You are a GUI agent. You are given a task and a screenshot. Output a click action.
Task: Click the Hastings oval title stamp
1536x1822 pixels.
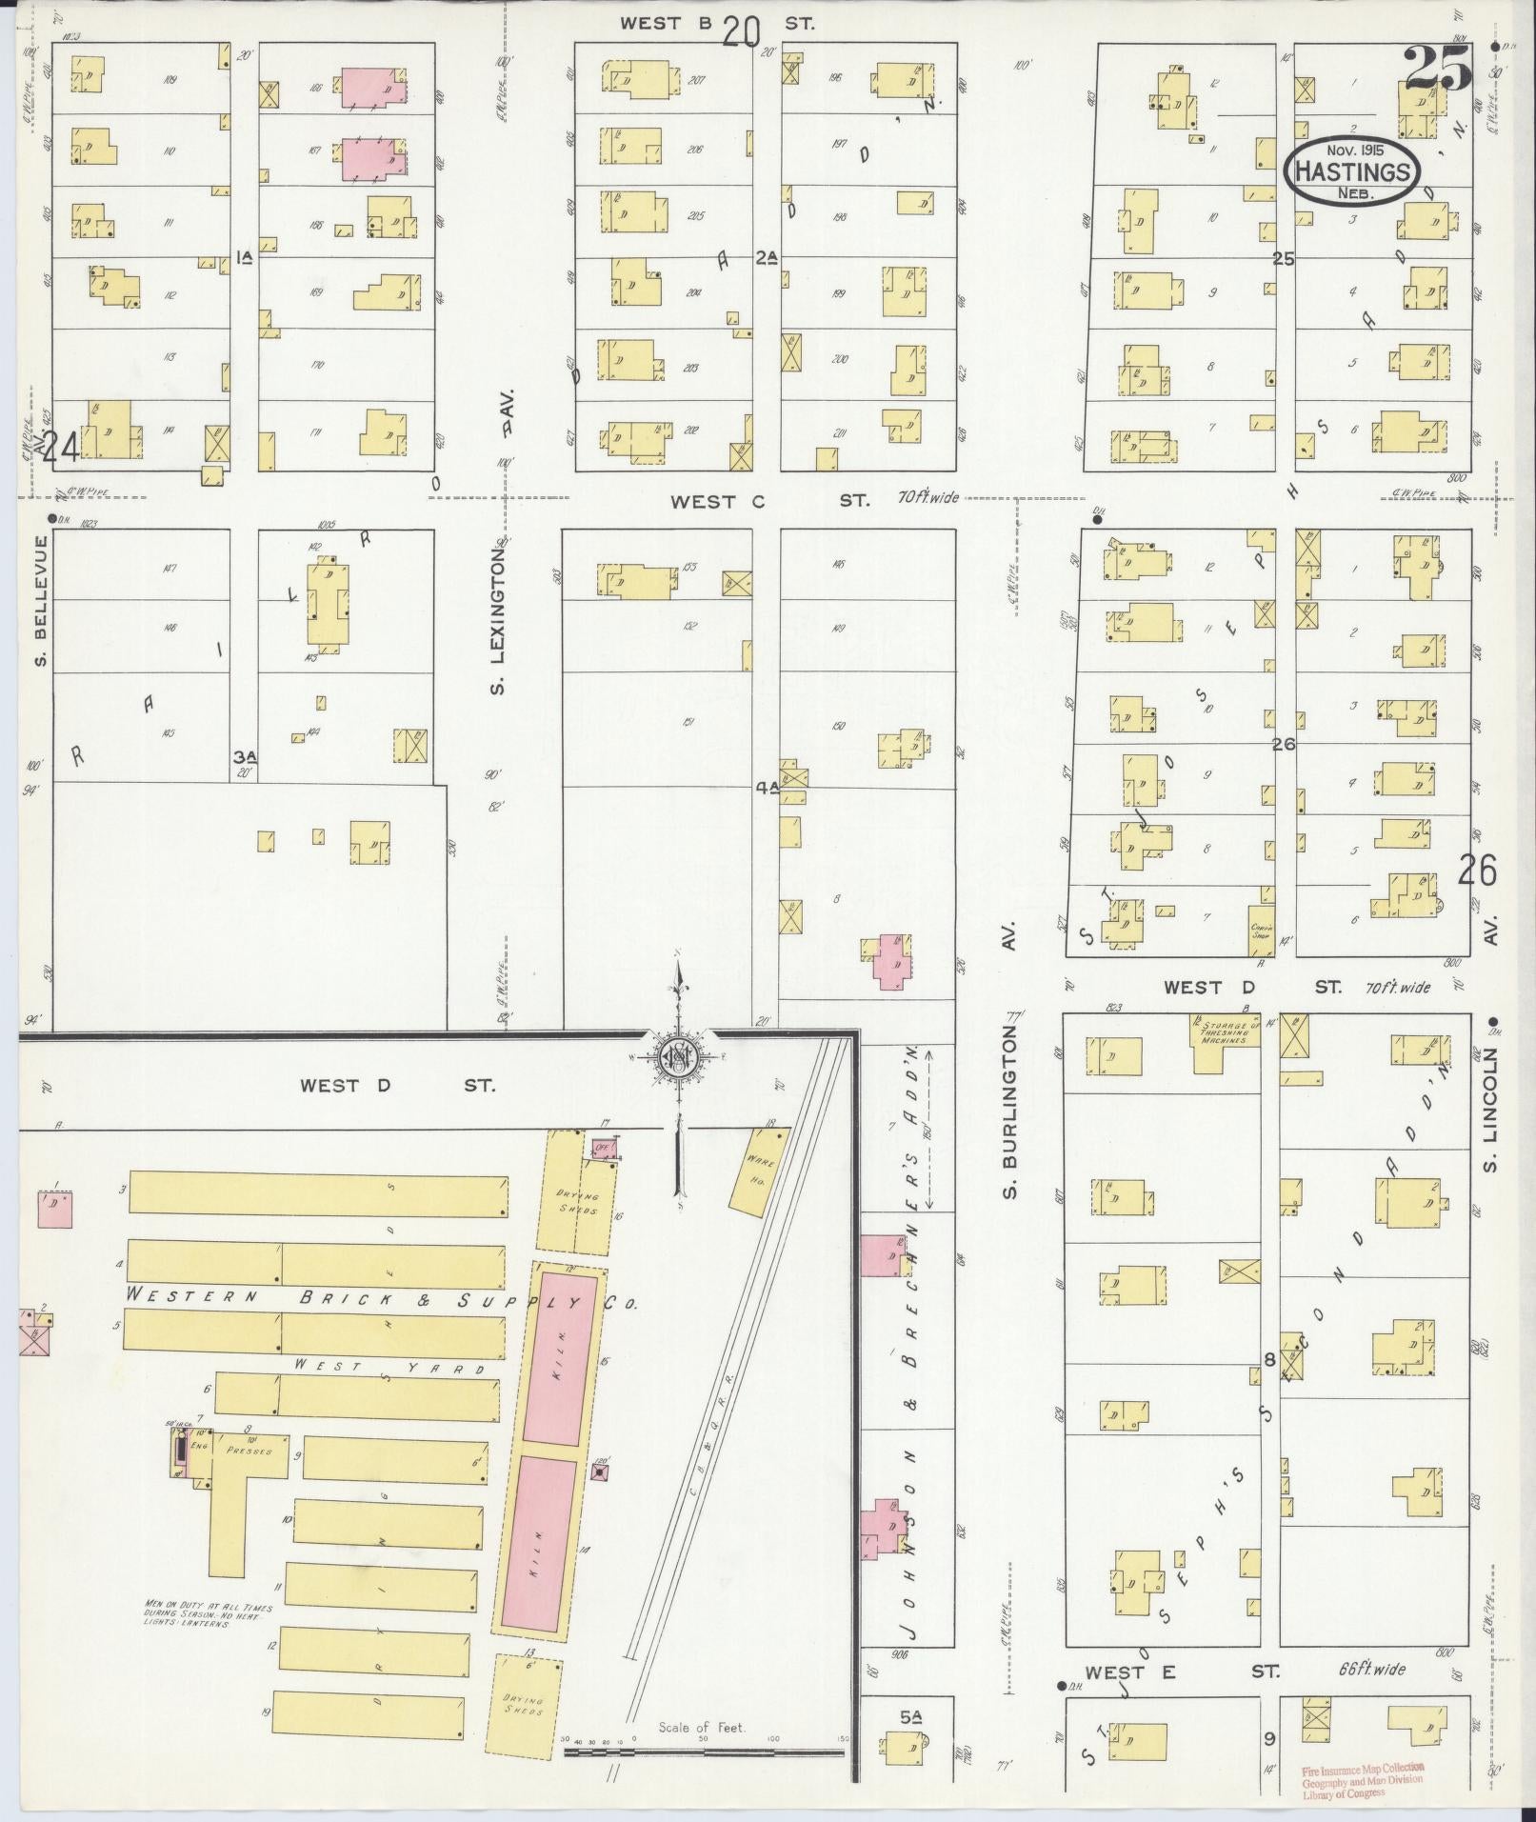1352,170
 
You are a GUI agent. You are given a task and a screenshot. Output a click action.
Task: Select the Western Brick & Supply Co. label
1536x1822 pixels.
381,1298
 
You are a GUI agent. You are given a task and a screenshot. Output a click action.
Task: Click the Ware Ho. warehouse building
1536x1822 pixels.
759,1168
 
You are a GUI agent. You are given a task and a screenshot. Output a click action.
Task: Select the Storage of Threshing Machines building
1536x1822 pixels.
1226,1042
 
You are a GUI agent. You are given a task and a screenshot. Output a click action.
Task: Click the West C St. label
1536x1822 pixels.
769,500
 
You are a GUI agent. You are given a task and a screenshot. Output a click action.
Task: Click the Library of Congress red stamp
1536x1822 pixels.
1364,1779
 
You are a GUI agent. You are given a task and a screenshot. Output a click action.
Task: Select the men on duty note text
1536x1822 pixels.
208,1615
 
